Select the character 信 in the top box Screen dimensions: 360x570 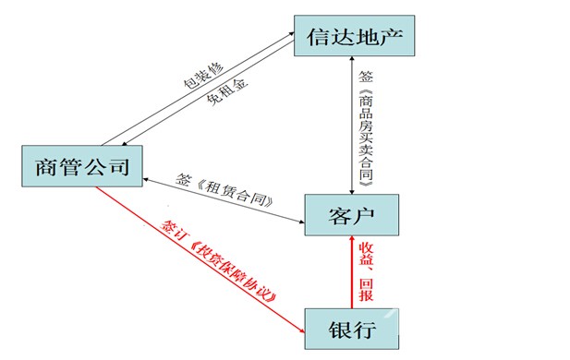click(x=316, y=40)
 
